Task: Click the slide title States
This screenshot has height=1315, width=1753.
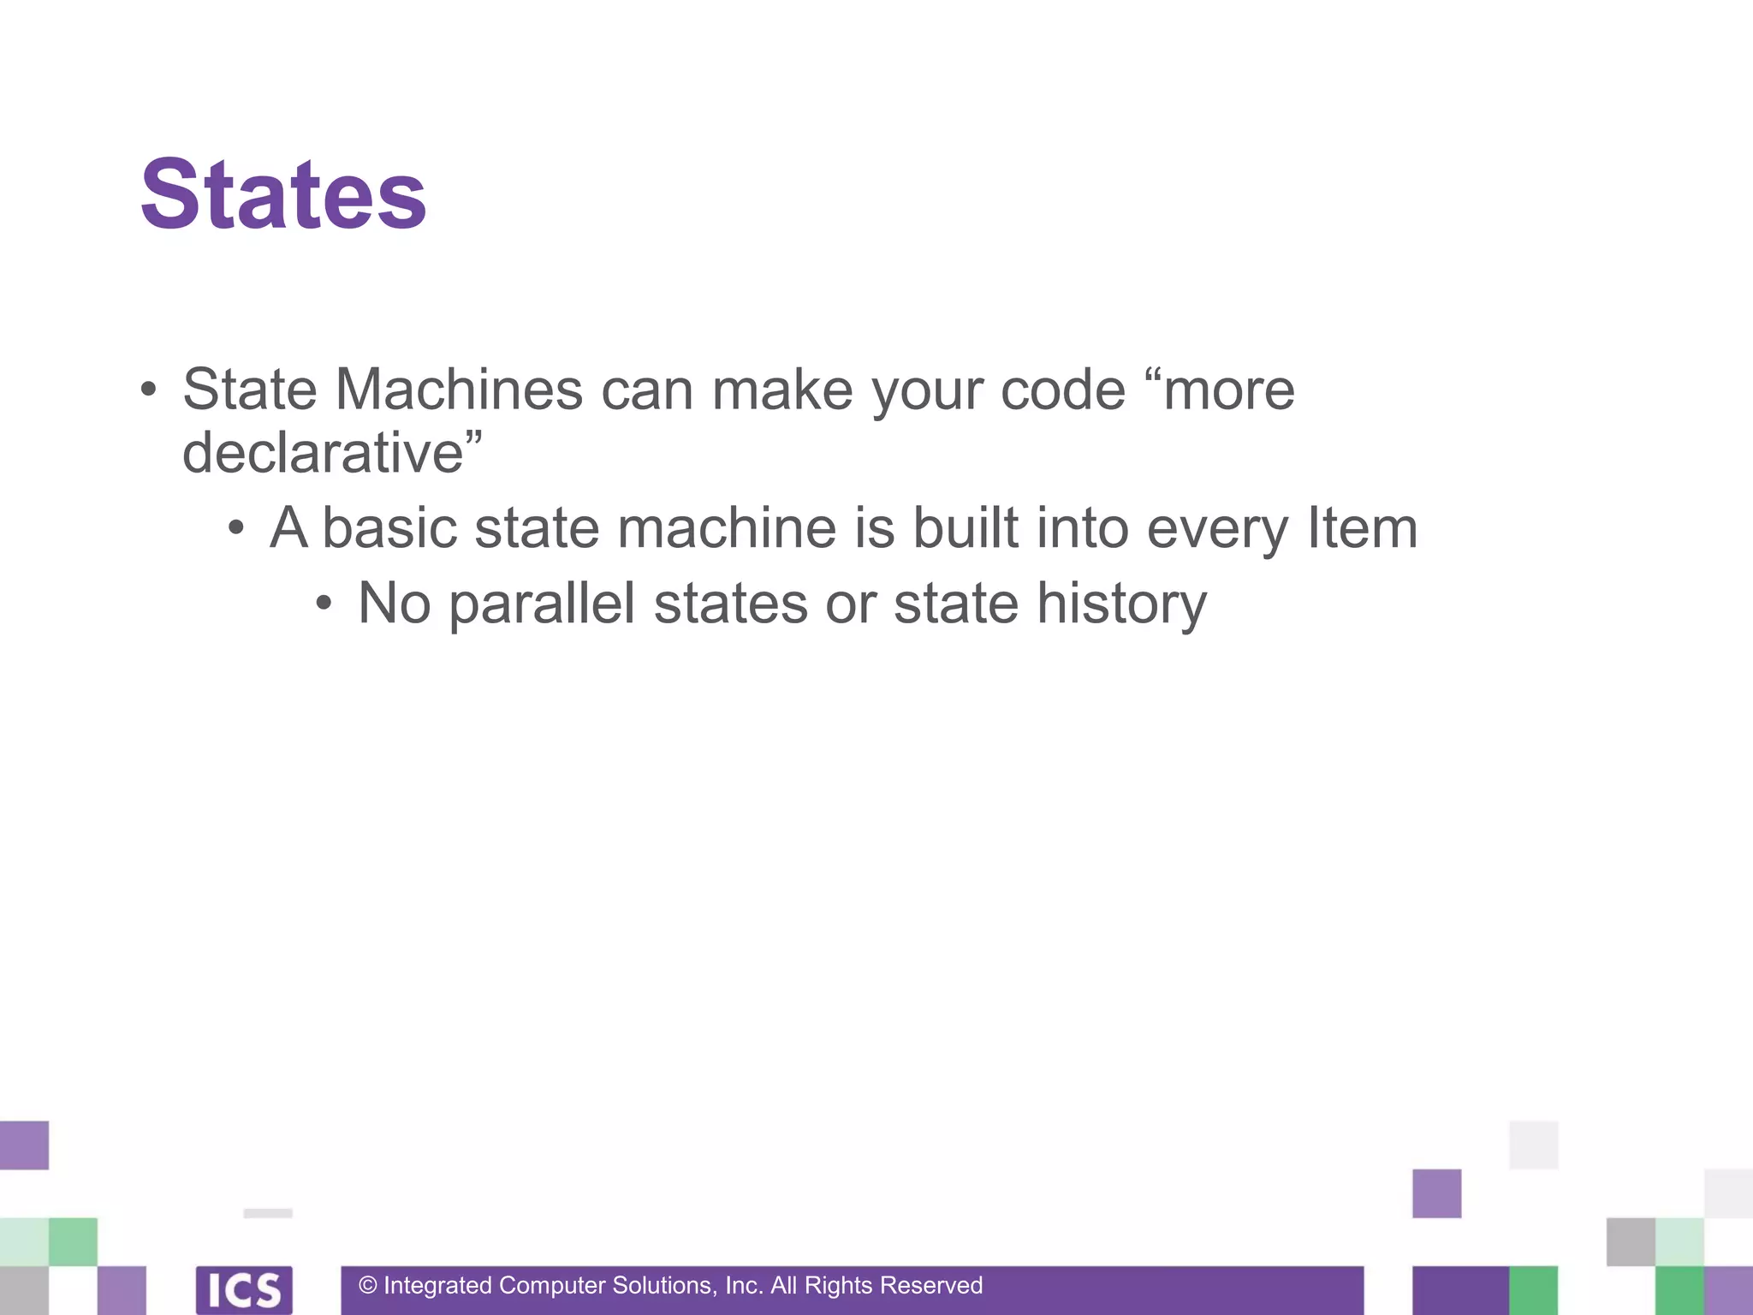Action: [283, 195]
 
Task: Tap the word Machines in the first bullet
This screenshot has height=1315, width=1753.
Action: [459, 390]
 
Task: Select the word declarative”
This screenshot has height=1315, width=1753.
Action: [332, 452]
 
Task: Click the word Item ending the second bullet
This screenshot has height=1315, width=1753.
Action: [1362, 527]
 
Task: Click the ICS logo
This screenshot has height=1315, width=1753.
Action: [244, 1289]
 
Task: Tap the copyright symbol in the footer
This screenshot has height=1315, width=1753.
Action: [368, 1285]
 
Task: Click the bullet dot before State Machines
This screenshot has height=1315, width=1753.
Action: [149, 390]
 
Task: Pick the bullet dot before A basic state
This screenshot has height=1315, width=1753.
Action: [236, 528]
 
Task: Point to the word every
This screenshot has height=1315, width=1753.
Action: [1216, 527]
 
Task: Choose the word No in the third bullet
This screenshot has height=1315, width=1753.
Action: [394, 603]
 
